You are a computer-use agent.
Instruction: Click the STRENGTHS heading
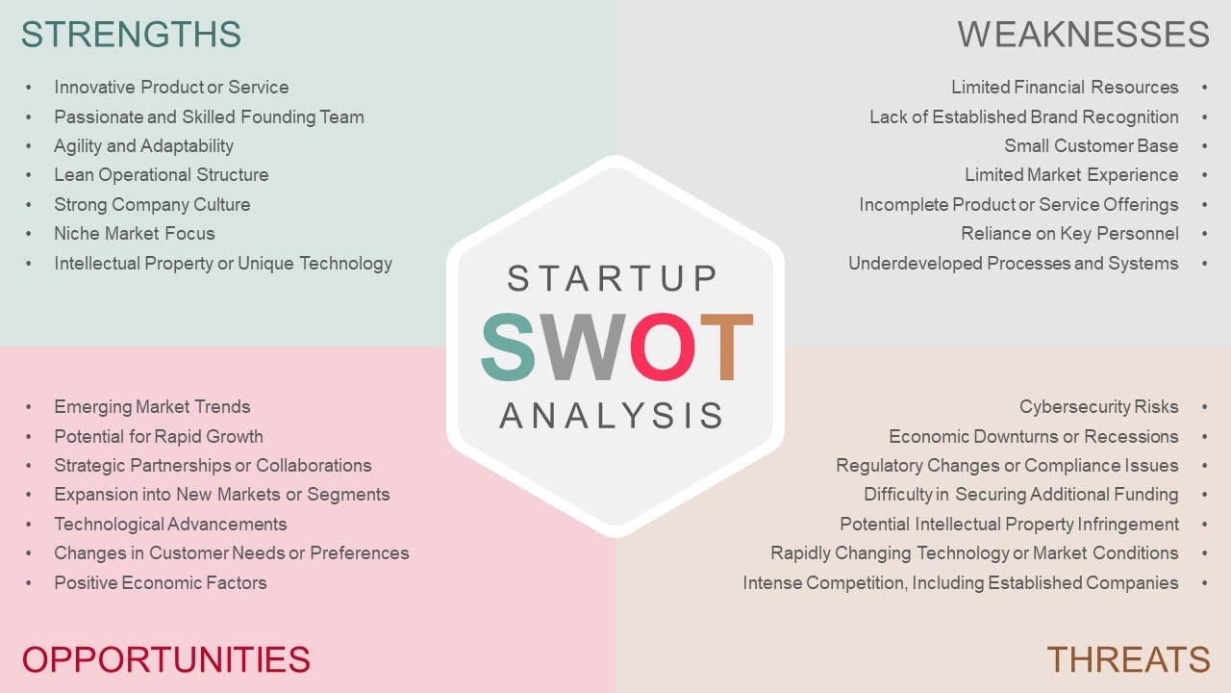131,35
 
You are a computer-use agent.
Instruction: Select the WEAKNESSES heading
1083,35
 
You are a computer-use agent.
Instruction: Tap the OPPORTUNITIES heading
165,660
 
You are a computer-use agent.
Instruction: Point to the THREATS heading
1128,660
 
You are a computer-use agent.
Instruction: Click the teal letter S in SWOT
509,346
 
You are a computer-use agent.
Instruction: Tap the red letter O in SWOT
663,346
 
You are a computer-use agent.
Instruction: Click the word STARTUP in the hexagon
613,279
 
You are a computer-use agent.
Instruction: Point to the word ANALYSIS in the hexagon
612,416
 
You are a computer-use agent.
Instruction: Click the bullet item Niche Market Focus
135,234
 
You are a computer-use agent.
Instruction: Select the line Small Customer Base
1091,146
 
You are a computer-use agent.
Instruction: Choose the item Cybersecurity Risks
1098,407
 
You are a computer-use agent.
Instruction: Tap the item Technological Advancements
170,525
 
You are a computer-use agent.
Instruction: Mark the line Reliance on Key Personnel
1069,234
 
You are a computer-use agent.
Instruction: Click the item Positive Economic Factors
161,583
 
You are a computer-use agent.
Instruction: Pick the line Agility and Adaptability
143,146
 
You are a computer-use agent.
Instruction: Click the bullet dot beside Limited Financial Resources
1204,88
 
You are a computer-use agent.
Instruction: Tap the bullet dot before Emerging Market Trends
29,407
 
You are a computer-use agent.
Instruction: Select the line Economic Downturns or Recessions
1033,437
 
